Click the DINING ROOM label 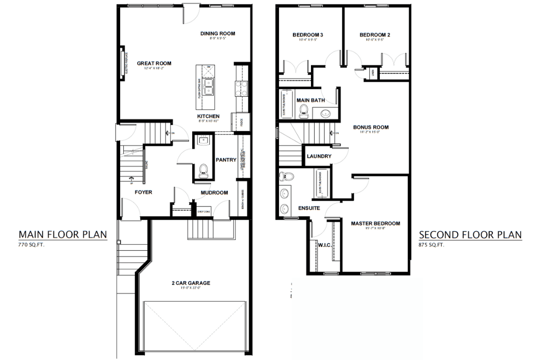218,33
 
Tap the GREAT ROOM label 154,63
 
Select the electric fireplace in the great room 122,63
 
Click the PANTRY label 226,160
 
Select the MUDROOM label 214,193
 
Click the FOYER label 144,192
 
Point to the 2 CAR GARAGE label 191,283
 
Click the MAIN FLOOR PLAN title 63,234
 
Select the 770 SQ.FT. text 32,245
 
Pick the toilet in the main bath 304,110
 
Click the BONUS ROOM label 371,127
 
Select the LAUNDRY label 319,156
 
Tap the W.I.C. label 324,244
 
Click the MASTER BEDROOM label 375,223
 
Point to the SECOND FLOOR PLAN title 470,234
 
